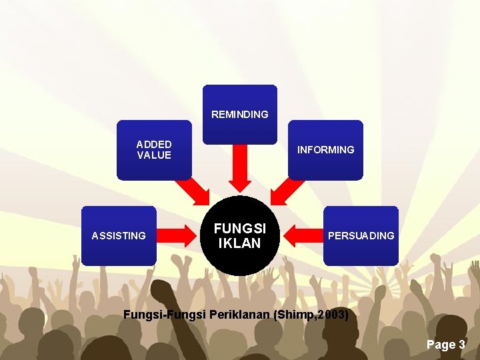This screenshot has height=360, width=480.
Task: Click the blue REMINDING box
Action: (x=239, y=114)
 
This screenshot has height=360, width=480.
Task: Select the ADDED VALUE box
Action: (x=154, y=150)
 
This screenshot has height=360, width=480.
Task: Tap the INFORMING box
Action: (x=325, y=150)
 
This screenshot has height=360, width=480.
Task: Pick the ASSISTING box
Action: (x=119, y=235)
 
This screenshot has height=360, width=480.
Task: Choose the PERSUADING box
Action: (x=361, y=235)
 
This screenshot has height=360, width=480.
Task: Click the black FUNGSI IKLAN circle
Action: (x=240, y=235)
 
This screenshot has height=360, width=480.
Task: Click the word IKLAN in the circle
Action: (x=240, y=243)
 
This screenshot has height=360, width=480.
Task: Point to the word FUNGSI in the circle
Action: (x=240, y=228)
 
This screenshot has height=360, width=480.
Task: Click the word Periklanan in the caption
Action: (x=239, y=314)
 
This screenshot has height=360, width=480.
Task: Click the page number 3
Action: (x=461, y=345)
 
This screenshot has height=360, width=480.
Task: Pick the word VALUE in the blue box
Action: (x=154, y=155)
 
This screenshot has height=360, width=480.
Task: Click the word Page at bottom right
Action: (x=440, y=345)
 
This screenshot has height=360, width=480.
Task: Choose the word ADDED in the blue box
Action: (x=154, y=144)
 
